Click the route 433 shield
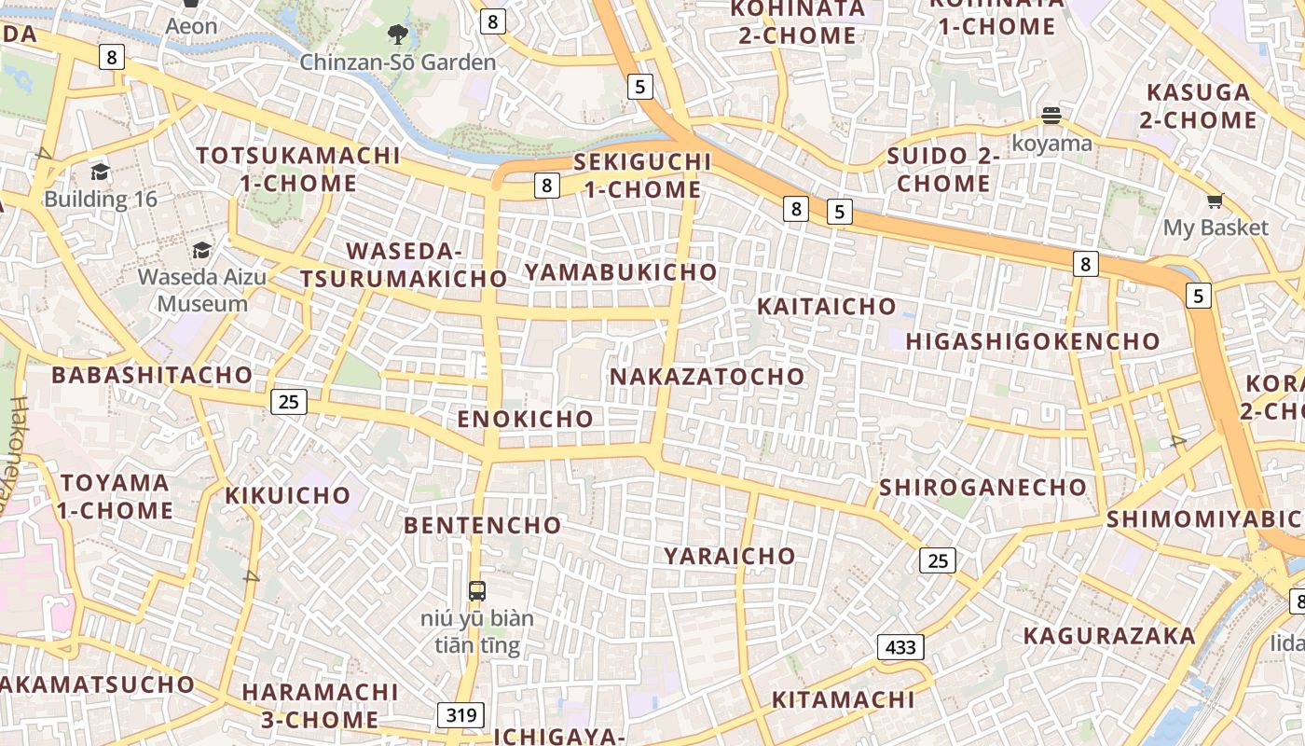(900, 646)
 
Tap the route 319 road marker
(460, 715)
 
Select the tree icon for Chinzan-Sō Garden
(398, 35)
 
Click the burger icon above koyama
(1051, 116)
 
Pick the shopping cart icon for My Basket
(1215, 200)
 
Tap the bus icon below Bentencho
(476, 590)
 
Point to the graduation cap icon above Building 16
(100, 172)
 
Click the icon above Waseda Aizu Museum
(201, 250)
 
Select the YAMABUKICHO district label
(621, 272)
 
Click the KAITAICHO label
(826, 306)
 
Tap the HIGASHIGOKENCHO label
(1033, 341)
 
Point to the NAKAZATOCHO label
(707, 377)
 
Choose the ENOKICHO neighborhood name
(525, 419)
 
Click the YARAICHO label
(730, 556)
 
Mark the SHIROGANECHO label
(982, 487)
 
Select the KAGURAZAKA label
(1109, 636)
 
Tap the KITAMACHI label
(843, 699)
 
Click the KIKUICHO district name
(287, 495)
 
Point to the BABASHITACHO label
(152, 375)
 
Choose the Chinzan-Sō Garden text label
(398, 62)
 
